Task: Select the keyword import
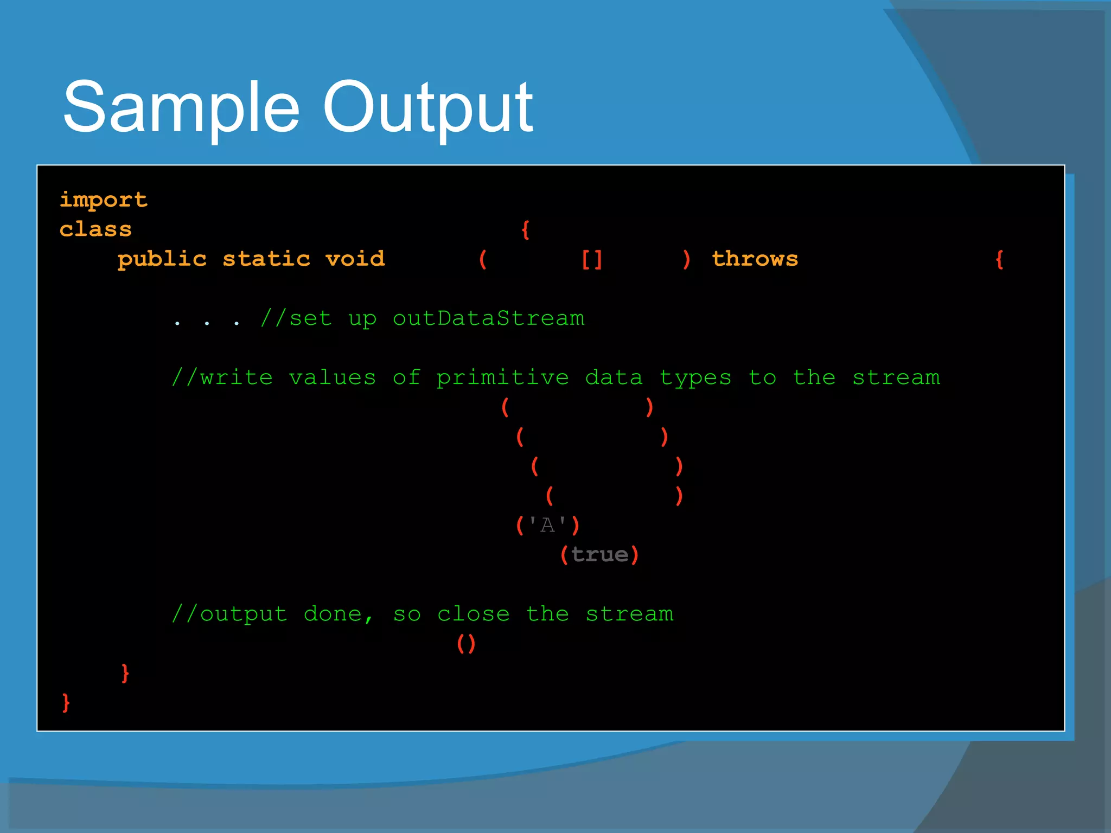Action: point(103,200)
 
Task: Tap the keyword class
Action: point(95,229)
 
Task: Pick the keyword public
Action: point(162,259)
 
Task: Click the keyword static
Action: point(266,259)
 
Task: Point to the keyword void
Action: point(355,259)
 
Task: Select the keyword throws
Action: point(755,259)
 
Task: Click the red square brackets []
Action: point(591,259)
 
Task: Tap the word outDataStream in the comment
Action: point(488,318)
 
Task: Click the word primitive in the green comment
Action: point(502,377)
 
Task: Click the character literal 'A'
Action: point(547,525)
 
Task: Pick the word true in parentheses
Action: point(599,555)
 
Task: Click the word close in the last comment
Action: point(473,614)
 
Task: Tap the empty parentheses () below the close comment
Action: point(466,644)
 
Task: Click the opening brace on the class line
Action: point(525,229)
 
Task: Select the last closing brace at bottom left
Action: point(66,703)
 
